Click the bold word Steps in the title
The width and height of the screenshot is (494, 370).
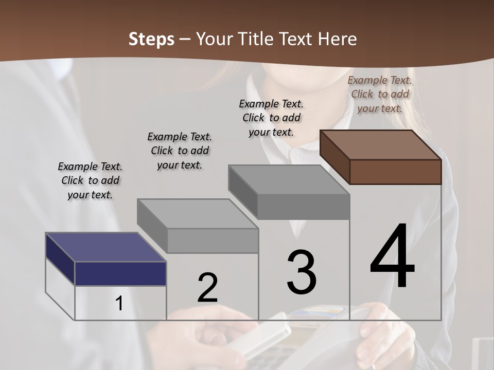[x=151, y=39]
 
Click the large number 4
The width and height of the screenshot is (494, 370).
[x=393, y=256]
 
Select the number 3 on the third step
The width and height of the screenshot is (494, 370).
[x=302, y=272]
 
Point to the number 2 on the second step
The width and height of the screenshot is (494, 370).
[x=207, y=288]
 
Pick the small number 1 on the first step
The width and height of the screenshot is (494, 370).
[x=119, y=303]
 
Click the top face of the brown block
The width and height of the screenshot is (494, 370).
[x=381, y=144]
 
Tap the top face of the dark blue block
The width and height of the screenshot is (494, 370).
[x=106, y=247]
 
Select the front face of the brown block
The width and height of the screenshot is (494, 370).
[x=395, y=172]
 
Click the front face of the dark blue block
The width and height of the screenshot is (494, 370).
[x=120, y=273]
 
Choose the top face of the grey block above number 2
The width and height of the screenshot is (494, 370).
[x=198, y=213]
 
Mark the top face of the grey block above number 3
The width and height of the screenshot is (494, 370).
[x=289, y=180]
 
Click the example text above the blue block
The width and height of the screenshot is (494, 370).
[x=90, y=180]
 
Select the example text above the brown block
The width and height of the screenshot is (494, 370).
[x=380, y=94]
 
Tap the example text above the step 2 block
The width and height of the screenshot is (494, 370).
[x=180, y=151]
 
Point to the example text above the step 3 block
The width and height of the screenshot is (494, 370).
[x=271, y=118]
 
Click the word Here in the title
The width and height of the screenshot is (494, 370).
[x=338, y=39]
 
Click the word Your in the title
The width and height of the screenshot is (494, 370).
[x=214, y=39]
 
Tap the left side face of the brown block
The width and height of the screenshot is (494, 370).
[x=335, y=156]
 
